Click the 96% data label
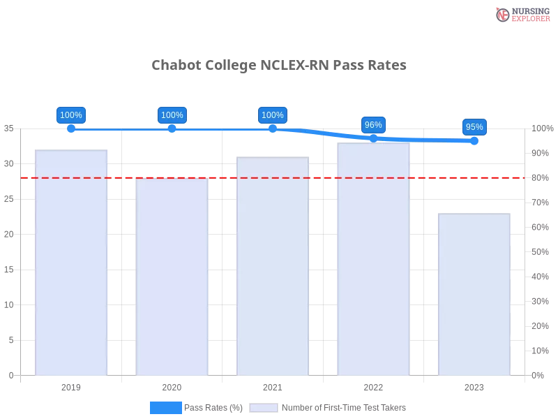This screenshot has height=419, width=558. click(373, 125)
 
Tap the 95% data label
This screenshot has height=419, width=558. click(474, 127)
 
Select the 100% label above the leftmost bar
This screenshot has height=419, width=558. click(71, 115)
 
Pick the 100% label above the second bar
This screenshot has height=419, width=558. click(172, 115)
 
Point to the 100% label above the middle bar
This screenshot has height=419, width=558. click(272, 115)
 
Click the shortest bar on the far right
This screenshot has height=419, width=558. click(474, 293)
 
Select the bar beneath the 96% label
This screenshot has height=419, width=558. click(373, 258)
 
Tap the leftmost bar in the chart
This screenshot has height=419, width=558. click(73, 262)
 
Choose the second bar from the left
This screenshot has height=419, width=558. click(173, 276)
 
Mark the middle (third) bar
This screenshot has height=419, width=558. click(273, 265)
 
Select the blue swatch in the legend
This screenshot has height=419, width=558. click(165, 408)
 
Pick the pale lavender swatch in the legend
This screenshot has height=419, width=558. click(264, 408)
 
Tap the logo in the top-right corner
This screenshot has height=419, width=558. click(521, 14)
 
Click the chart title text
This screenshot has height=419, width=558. click(279, 66)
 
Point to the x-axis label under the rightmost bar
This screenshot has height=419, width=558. click(474, 385)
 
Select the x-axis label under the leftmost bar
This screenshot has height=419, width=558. click(73, 385)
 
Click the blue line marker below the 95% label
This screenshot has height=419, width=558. click(474, 140)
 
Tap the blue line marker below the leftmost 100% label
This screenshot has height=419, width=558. click(71, 128)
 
